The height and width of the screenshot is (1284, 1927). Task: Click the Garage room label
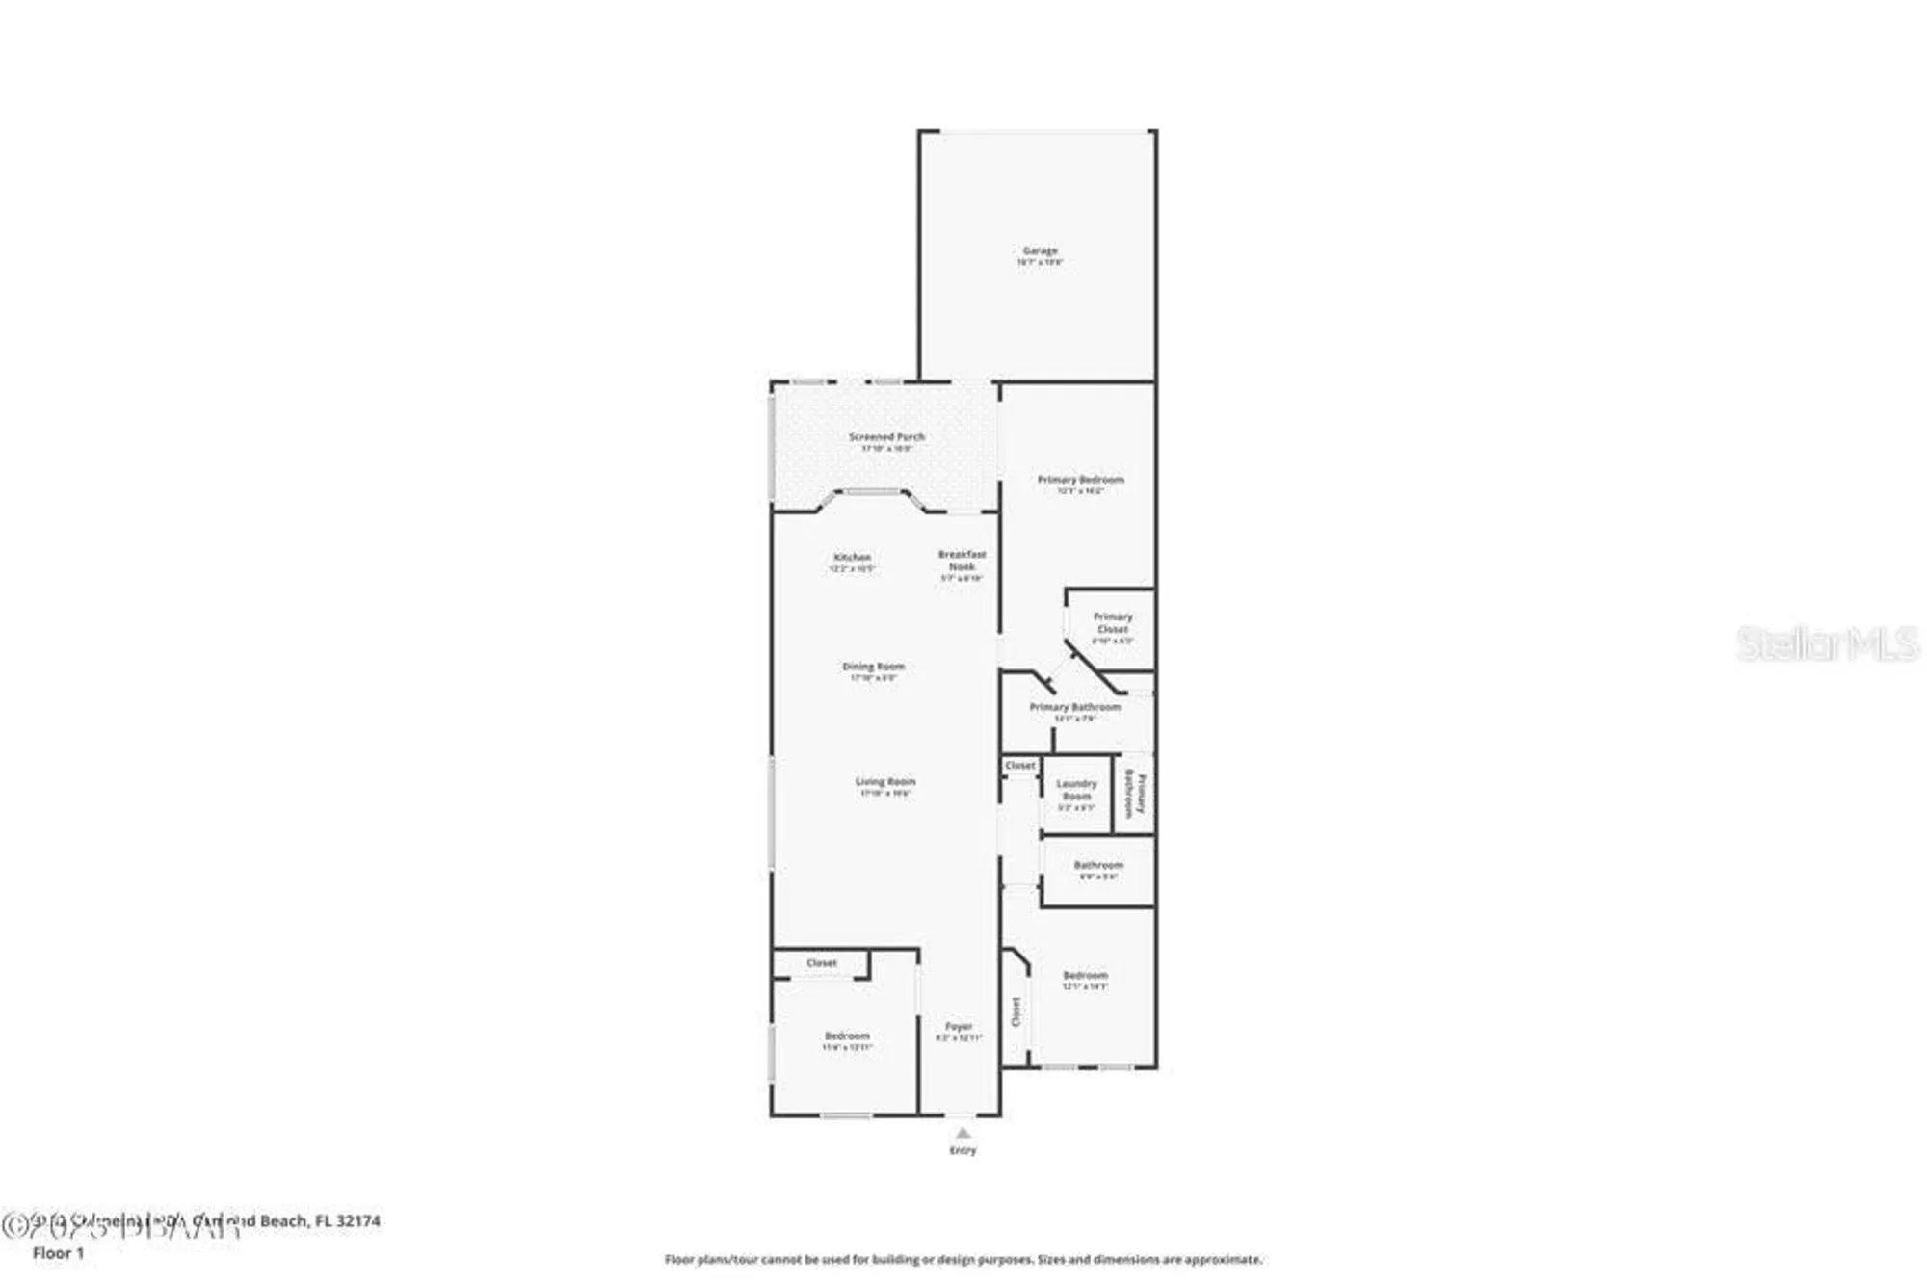tap(1040, 251)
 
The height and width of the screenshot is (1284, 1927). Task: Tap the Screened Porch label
tap(886, 437)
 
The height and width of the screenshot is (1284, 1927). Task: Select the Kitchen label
tap(852, 558)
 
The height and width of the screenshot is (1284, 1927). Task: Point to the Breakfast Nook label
tap(962, 561)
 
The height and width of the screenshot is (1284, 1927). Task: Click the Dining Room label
tap(873, 667)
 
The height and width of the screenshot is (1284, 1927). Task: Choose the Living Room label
tap(885, 782)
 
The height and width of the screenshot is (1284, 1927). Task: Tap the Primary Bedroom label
tap(1080, 480)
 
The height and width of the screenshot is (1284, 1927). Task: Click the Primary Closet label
tap(1112, 622)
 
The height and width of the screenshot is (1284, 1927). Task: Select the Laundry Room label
tap(1076, 790)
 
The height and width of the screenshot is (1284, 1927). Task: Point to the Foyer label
tap(959, 1027)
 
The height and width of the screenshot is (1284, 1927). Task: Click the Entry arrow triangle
tap(963, 1133)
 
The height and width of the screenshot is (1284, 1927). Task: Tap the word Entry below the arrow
tap(963, 1150)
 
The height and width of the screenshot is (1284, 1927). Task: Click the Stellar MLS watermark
tap(1827, 644)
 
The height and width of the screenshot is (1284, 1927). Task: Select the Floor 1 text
tap(59, 1253)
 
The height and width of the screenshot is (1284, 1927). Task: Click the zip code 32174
tap(357, 1220)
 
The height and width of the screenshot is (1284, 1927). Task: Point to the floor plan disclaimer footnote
tap(963, 1259)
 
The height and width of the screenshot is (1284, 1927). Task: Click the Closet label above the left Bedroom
tap(822, 963)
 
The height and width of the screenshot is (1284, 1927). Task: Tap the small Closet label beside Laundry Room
tap(1020, 766)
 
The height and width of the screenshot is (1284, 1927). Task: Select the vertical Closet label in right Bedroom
tap(1016, 1011)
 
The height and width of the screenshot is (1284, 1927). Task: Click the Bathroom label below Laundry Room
tap(1098, 866)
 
